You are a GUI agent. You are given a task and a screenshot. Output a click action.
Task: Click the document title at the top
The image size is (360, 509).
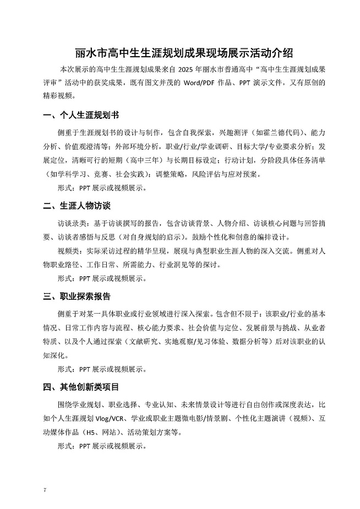pos(180,53)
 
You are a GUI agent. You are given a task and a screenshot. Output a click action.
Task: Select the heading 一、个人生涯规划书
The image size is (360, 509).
pos(81,116)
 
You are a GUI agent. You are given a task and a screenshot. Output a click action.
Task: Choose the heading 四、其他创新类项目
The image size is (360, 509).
pos(81,387)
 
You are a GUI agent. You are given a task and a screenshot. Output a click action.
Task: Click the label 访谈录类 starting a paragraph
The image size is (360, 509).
pos(72,225)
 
